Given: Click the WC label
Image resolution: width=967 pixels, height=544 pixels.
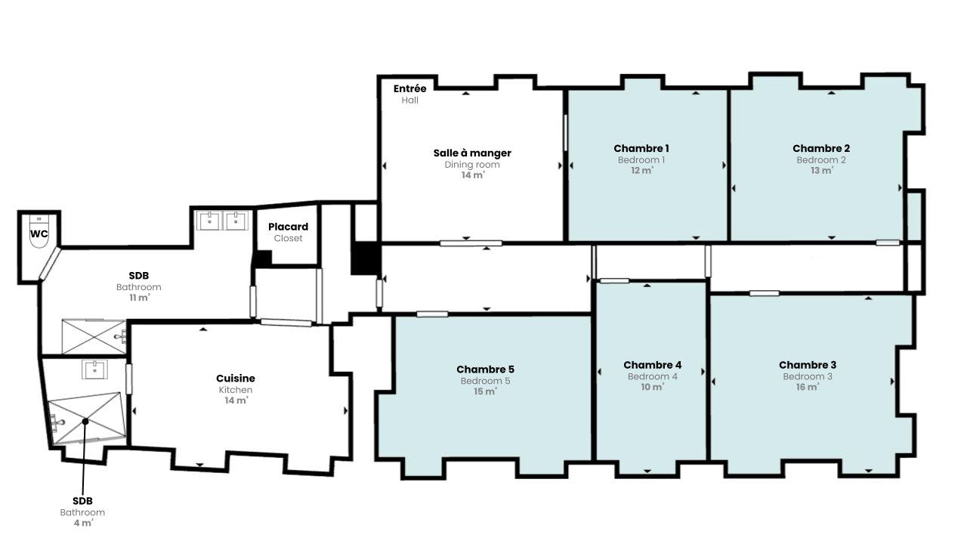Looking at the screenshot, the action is pyautogui.click(x=39, y=234).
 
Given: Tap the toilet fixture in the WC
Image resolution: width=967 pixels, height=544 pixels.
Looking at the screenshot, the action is pyautogui.click(x=39, y=232).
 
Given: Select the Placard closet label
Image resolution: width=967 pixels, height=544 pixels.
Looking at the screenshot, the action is pyautogui.click(x=288, y=227).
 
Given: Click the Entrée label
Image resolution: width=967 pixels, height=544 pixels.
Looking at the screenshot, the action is pyautogui.click(x=409, y=88).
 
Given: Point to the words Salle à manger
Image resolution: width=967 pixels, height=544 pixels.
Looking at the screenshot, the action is pyautogui.click(x=472, y=153).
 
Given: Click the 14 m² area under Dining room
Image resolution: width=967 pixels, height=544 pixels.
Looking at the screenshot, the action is pyautogui.click(x=473, y=175).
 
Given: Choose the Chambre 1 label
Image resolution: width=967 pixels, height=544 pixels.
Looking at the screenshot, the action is pyautogui.click(x=641, y=149).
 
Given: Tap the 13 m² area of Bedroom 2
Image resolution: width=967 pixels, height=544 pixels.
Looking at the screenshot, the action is pyautogui.click(x=821, y=170).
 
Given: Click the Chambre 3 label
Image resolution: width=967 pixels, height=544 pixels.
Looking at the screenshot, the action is pyautogui.click(x=808, y=365).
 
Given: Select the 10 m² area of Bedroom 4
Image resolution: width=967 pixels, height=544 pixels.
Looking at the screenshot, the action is pyautogui.click(x=652, y=387).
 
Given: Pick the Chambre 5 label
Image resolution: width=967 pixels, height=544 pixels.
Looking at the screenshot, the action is pyautogui.click(x=485, y=369).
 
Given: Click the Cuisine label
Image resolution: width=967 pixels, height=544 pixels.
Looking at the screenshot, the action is pyautogui.click(x=236, y=379).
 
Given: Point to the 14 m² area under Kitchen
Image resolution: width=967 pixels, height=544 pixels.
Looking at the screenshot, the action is pyautogui.click(x=236, y=400).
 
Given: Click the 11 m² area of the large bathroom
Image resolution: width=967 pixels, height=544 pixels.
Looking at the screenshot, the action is pyautogui.click(x=140, y=298).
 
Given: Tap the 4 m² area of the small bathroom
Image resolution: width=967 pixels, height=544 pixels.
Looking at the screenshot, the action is pyautogui.click(x=83, y=523).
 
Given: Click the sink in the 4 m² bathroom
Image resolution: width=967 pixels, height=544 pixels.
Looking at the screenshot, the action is pyautogui.click(x=94, y=369).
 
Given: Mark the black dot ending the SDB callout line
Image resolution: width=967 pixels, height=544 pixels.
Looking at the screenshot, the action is pyautogui.click(x=85, y=421).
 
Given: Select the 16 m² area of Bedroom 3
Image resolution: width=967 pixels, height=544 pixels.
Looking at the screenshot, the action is pyautogui.click(x=808, y=387).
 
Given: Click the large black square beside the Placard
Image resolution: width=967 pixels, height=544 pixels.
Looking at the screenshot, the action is pyautogui.click(x=365, y=258).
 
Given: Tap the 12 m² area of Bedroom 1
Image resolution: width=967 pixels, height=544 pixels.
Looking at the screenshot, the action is pyautogui.click(x=642, y=170).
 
